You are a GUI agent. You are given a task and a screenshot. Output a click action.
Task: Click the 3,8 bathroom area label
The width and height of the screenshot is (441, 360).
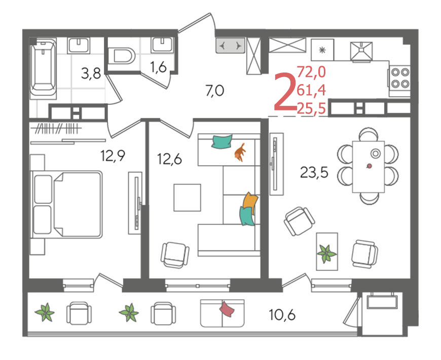(x=91, y=74)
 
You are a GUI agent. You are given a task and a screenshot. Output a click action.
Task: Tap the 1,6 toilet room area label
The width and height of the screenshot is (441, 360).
(x=158, y=67)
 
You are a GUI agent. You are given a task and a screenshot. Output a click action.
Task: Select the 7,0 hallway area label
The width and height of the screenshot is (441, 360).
(x=214, y=91)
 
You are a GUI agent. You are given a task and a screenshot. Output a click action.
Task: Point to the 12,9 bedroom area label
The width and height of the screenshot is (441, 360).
(x=113, y=156)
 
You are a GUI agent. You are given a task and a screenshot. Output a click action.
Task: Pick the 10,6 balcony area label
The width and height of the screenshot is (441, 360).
(x=282, y=314)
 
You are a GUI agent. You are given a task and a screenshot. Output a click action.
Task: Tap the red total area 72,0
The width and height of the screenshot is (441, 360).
(x=311, y=71)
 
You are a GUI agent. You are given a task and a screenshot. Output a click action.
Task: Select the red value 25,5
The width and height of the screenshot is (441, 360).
(x=311, y=109)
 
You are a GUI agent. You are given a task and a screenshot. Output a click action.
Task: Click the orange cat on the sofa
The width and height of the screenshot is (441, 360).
(x=240, y=153)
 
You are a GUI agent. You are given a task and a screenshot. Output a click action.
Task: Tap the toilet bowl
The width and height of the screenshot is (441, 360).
(x=121, y=55)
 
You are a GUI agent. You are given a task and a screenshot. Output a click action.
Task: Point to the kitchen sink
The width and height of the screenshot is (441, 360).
(x=361, y=51)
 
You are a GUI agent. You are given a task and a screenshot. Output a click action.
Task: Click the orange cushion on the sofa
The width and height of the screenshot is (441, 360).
(x=250, y=202)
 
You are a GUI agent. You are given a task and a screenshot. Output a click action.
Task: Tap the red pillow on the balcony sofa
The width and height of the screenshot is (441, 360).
(x=227, y=309)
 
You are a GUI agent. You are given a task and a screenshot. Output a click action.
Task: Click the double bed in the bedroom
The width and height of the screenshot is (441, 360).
(x=66, y=204)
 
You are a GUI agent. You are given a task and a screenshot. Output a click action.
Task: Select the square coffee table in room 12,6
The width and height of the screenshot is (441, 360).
(x=188, y=197)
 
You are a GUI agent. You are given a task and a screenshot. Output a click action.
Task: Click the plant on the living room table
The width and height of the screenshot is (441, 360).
(x=326, y=253)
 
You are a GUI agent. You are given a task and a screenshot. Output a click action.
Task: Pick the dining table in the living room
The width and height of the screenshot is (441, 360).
(x=368, y=166)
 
